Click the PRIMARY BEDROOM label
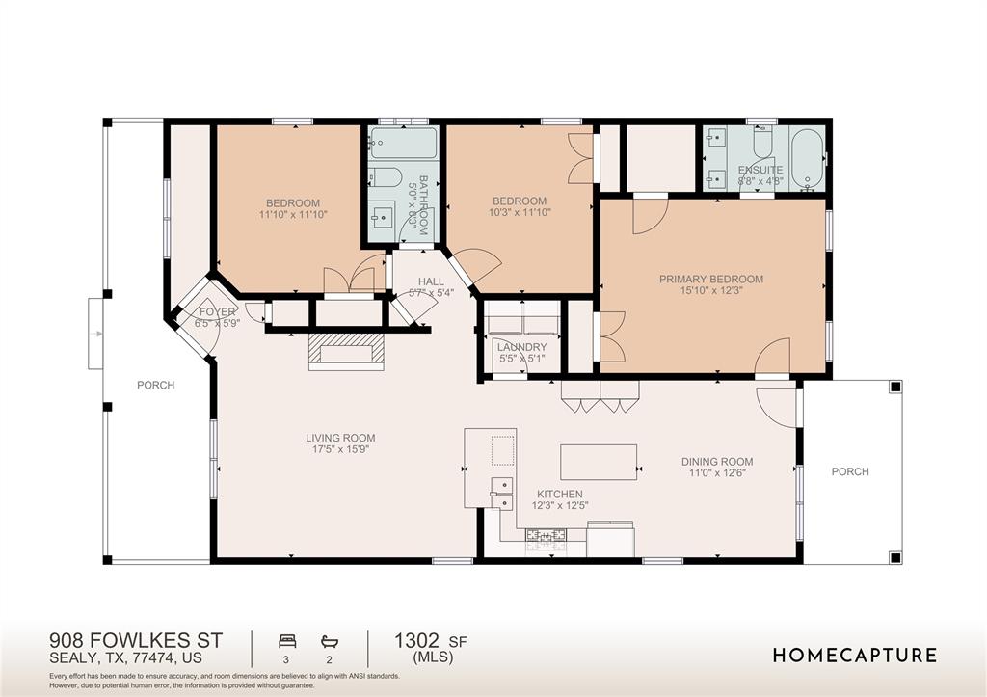click(x=711, y=279)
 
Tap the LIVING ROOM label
click(x=340, y=438)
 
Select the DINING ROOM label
click(x=717, y=462)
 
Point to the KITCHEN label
click(x=560, y=495)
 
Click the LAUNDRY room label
click(x=521, y=348)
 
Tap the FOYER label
click(x=217, y=312)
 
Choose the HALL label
click(x=431, y=281)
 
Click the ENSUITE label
click(x=760, y=170)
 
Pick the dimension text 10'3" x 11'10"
click(x=520, y=213)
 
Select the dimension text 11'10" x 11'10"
click(x=293, y=215)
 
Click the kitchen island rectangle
click(x=599, y=462)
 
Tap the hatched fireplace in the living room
click(x=346, y=351)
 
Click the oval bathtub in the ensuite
click(x=807, y=159)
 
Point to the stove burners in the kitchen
click(x=546, y=535)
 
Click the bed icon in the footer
click(x=287, y=642)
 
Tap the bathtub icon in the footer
click(x=330, y=642)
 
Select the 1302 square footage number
click(x=416, y=641)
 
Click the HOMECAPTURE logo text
click(x=854, y=656)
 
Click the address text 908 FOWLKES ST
click(x=136, y=641)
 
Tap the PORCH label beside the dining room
click(x=850, y=471)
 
